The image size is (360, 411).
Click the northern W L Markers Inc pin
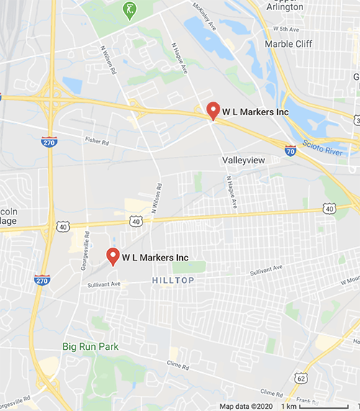212,111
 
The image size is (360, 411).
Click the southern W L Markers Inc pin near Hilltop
112,256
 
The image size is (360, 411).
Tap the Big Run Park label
90,346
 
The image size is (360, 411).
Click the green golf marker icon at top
130,10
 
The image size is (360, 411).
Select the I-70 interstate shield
290,151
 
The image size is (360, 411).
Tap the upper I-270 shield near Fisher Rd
49,141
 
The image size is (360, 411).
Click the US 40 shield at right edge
329,208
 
